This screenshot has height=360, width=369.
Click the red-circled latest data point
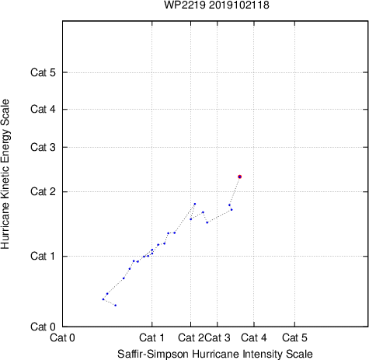240,177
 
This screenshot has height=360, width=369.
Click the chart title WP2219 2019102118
217,5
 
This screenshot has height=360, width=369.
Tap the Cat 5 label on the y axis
43,72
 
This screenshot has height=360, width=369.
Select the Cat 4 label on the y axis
43,109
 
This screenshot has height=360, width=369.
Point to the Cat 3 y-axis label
43,147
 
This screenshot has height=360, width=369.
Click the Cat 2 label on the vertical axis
43,192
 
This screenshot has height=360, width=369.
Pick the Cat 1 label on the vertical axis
43,256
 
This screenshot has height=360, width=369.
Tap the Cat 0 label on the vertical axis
43,327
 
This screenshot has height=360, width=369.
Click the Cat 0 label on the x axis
62,337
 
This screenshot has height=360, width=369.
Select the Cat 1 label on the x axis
151,337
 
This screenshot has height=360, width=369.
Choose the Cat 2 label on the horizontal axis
191,337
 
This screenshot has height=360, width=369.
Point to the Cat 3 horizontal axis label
218,337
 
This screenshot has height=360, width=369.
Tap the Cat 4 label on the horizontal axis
254,337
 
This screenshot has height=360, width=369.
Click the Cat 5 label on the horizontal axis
294,337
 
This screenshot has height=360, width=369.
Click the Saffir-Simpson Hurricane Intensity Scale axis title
215,354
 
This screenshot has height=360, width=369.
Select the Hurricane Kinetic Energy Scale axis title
5,174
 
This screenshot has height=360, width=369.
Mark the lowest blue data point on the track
116,306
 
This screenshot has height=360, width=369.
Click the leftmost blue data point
103,299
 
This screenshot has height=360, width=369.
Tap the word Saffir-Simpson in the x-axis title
153,354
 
